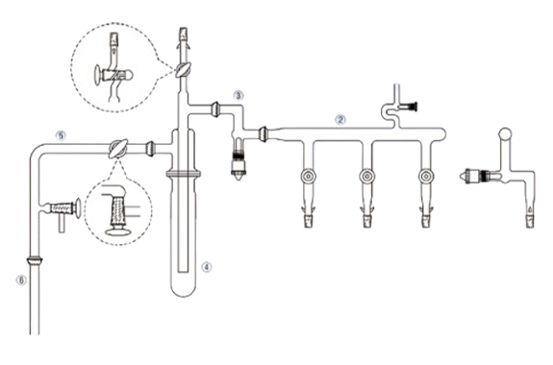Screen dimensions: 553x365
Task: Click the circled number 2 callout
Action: point(340,119)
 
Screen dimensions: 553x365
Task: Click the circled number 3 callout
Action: point(239,95)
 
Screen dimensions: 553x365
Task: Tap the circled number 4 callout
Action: point(207,267)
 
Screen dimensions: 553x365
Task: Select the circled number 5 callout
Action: point(61,135)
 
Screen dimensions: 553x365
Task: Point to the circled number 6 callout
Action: point(21,280)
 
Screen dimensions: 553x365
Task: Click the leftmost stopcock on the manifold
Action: point(308,176)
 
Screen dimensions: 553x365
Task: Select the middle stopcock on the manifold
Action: point(366,176)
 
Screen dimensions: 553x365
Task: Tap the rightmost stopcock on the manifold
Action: point(426,176)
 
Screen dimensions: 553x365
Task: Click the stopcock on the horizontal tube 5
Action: point(117,149)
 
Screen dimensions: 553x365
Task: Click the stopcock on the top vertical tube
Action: point(184,69)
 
